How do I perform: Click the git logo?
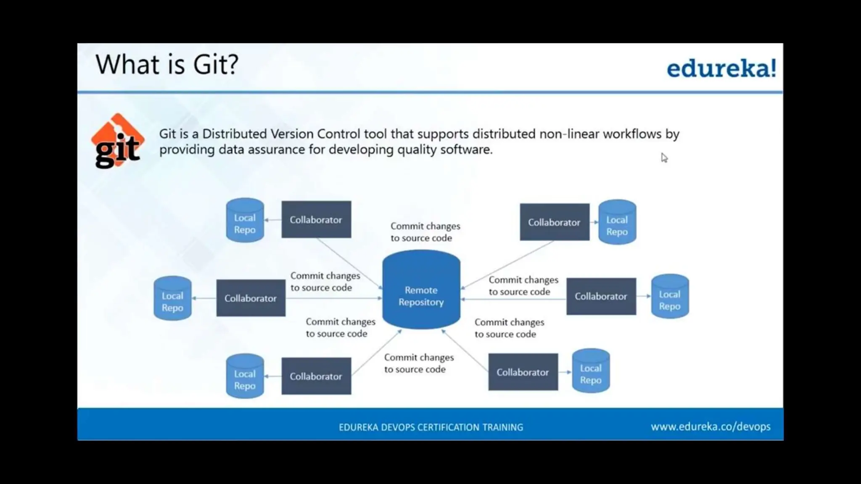[x=117, y=141]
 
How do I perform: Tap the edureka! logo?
[x=721, y=68]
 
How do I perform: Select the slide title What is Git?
[x=167, y=65]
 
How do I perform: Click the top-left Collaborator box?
[x=316, y=220]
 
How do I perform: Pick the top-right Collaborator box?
[x=554, y=222]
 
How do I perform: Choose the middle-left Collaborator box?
[x=251, y=298]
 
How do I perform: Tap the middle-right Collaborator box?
[x=601, y=296]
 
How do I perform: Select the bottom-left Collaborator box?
[x=316, y=376]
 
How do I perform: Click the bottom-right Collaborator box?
[x=523, y=372]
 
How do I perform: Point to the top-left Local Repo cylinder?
[x=245, y=221]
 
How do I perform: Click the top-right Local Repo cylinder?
[x=617, y=223]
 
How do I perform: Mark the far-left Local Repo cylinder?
[x=172, y=299]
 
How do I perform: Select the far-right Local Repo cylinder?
[x=670, y=297]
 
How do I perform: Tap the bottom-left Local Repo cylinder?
[x=245, y=376]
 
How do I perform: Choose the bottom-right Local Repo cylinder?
[x=591, y=371]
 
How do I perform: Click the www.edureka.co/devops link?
[x=710, y=427]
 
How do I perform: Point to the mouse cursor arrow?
[x=664, y=158]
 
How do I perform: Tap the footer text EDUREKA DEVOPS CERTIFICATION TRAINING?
[x=431, y=427]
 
